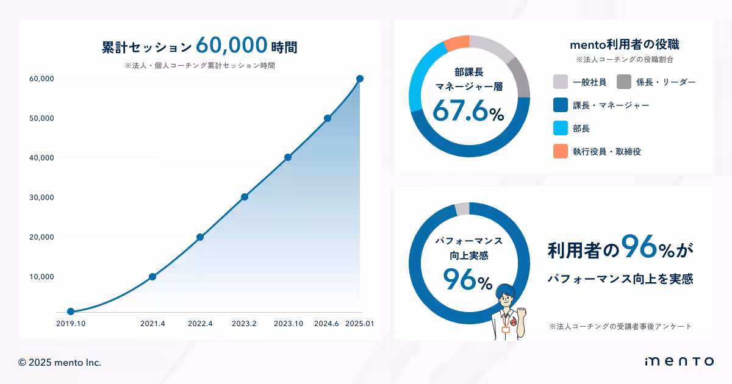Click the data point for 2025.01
(x=360, y=79)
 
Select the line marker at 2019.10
(x=71, y=311)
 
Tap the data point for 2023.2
(x=245, y=197)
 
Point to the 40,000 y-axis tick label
(x=41, y=158)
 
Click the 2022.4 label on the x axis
(x=200, y=324)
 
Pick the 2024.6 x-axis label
(x=326, y=324)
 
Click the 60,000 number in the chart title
(x=231, y=45)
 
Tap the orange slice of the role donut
(x=457, y=43)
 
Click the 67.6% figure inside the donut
(x=468, y=111)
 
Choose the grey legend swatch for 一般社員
(x=560, y=82)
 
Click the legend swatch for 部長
(x=560, y=128)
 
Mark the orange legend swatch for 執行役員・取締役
(x=560, y=151)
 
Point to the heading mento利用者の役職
(x=625, y=44)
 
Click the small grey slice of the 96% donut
(x=462, y=208)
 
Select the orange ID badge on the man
(x=506, y=330)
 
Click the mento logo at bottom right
(x=680, y=361)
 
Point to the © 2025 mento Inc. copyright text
(x=60, y=363)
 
